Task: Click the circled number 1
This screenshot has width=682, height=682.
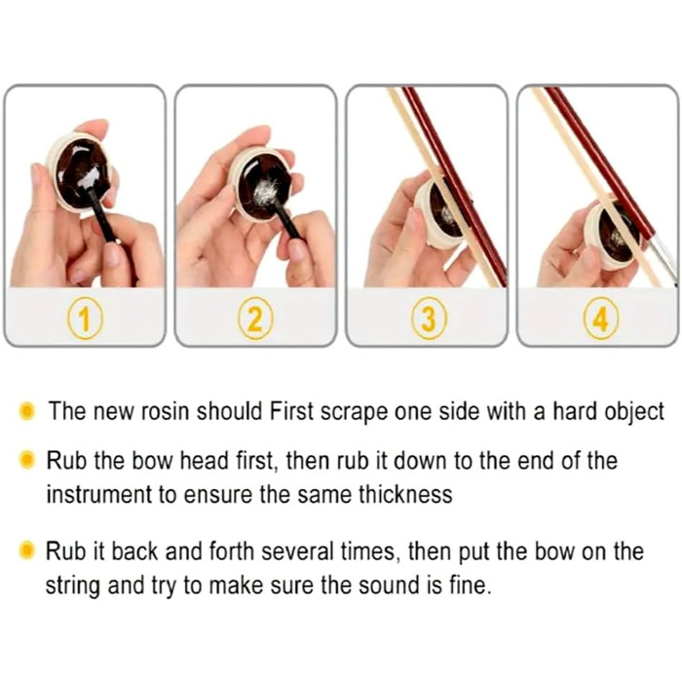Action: point(85,319)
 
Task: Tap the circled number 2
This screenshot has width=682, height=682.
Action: point(255,319)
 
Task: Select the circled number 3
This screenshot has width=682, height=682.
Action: point(429,319)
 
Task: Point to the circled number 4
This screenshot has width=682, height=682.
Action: point(600,319)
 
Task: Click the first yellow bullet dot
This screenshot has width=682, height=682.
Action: point(27,411)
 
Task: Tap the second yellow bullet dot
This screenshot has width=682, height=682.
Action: point(27,460)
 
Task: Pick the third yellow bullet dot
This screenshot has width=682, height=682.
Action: point(27,550)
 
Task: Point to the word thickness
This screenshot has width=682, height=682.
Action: point(405,495)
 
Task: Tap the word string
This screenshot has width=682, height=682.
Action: point(73,586)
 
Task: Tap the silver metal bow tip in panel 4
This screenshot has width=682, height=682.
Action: point(665,259)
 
